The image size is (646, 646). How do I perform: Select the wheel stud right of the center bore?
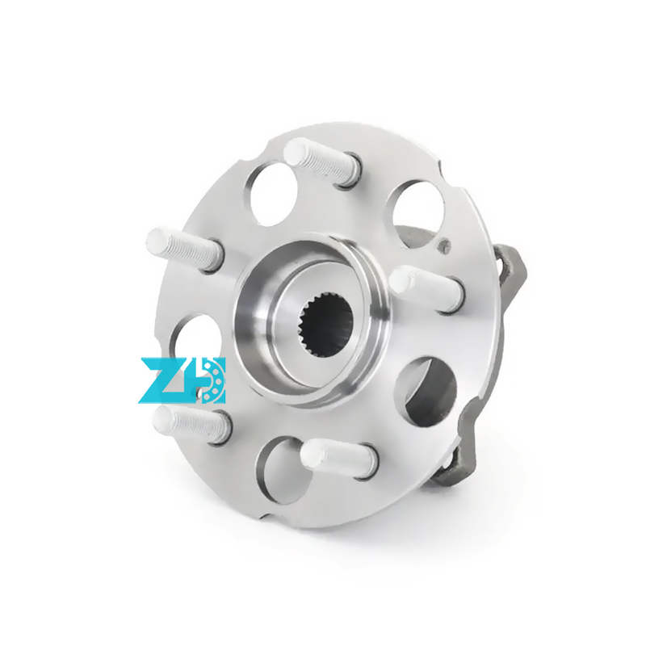427,289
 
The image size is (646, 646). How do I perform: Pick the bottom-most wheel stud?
339,458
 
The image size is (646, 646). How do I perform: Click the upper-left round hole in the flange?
274,195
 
